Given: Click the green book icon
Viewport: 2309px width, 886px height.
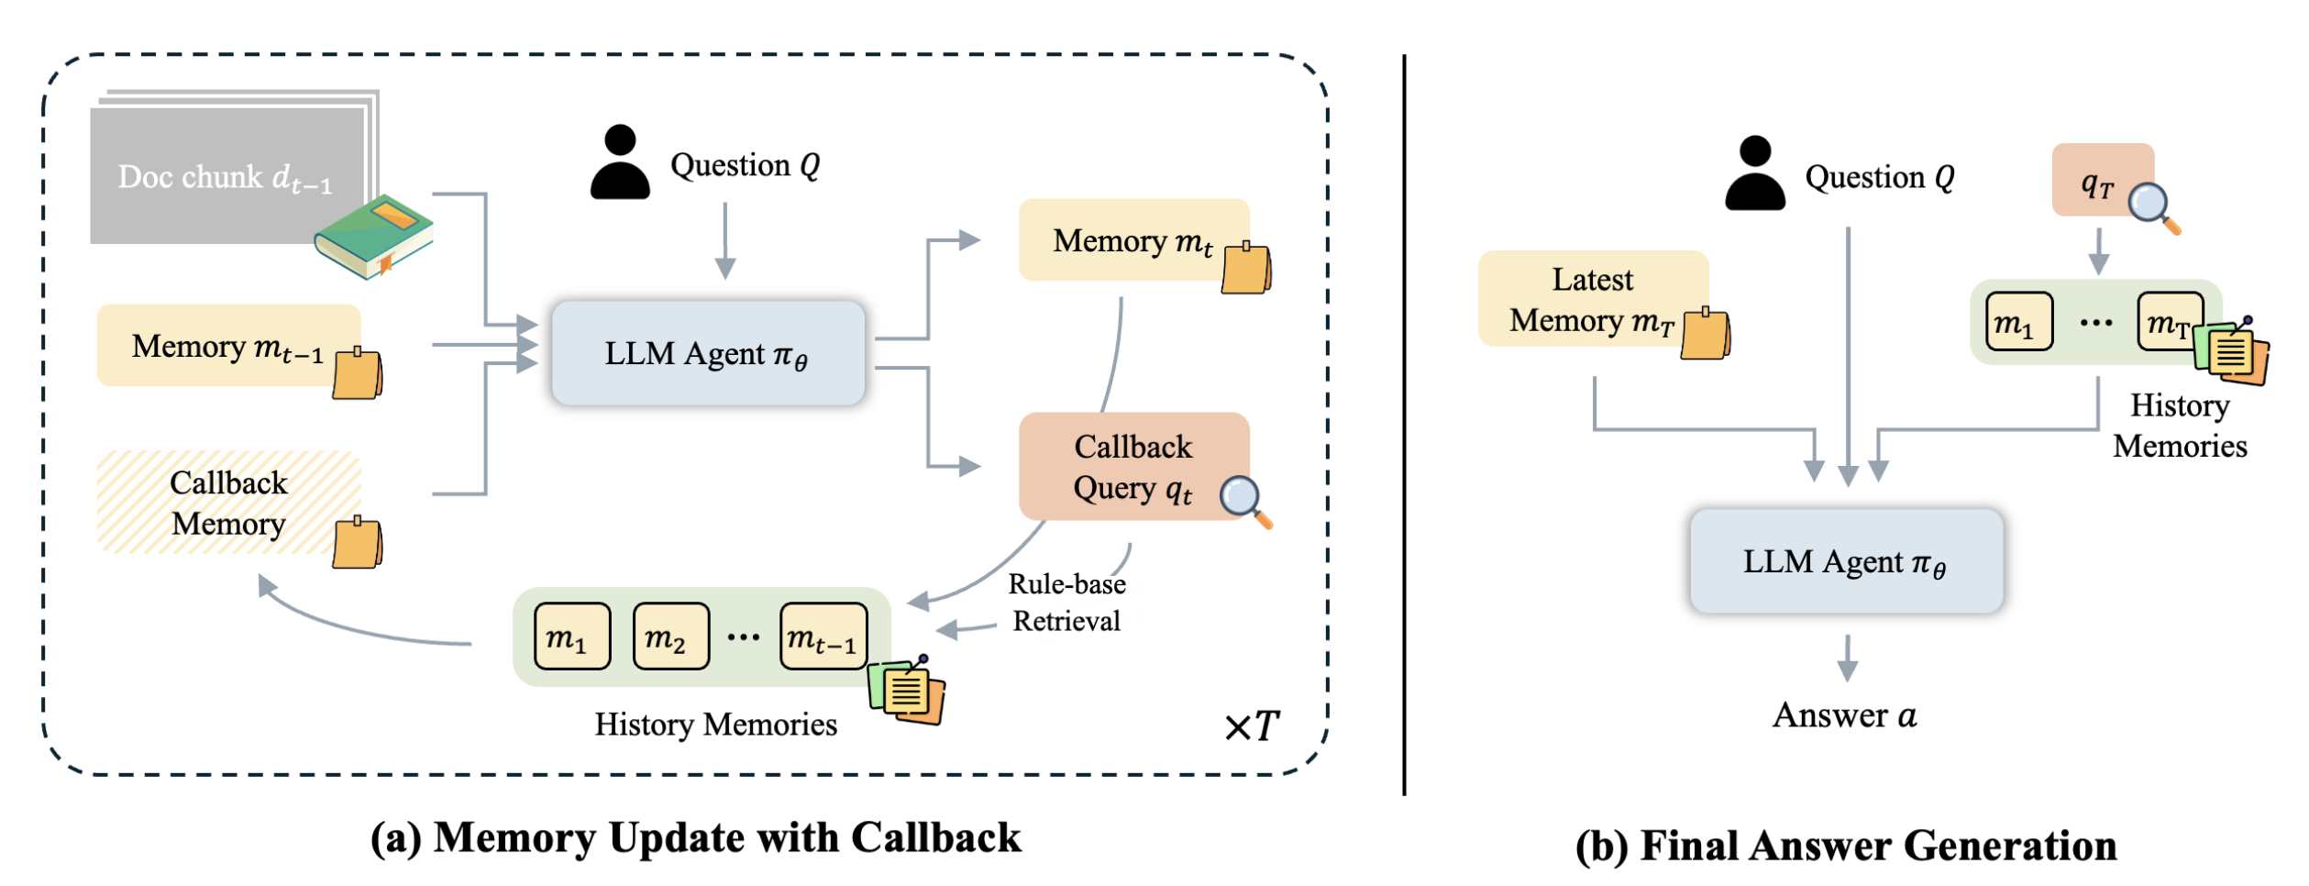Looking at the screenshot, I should tap(373, 237).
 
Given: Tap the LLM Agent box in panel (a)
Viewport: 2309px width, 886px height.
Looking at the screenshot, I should tap(707, 354).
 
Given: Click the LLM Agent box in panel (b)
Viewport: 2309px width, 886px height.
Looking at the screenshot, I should tap(1845, 561).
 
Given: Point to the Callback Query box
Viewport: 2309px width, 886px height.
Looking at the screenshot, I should tap(1133, 467).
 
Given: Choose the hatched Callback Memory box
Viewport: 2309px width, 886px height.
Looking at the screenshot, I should tap(228, 503).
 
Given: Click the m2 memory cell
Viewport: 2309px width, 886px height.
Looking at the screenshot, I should tap(669, 637).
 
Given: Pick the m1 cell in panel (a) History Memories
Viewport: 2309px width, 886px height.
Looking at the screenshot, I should tap(571, 637).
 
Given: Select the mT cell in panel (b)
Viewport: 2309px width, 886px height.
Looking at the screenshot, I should tap(2168, 322).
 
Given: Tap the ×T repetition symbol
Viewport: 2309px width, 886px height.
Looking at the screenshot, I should tap(1252, 726).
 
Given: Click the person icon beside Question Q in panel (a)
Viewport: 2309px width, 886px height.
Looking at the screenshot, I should tap(620, 162).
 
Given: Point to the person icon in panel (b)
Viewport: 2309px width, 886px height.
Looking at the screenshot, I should tap(1754, 173).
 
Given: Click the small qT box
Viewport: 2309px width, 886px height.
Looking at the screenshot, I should tap(2101, 182).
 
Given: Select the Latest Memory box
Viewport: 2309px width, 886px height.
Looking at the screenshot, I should tap(1593, 299).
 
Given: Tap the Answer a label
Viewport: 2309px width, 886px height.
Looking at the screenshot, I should tap(1844, 715).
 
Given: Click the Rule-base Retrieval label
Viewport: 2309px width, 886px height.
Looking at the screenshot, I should tap(1066, 603).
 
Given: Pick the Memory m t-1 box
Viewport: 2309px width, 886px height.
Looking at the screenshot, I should tap(228, 346).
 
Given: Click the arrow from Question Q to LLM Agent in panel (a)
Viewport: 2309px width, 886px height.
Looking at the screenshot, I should tap(725, 240).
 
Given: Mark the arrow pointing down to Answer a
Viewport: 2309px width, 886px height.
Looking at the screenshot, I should tap(1848, 658).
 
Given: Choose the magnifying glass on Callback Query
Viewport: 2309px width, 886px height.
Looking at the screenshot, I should tap(1245, 501).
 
